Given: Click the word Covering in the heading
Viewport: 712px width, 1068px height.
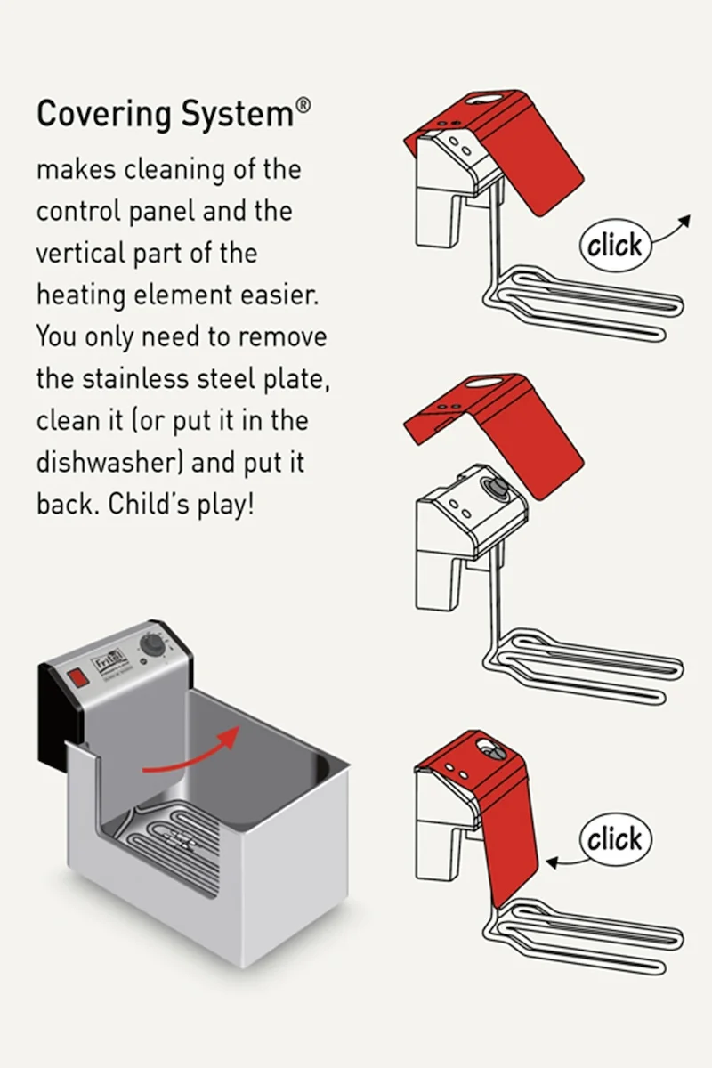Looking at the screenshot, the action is tap(104, 115).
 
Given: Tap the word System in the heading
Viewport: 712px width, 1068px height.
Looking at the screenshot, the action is tap(238, 115).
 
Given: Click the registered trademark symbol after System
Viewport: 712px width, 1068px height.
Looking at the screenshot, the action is tap(303, 105).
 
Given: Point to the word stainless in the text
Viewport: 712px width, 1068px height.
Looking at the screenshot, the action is tap(136, 378).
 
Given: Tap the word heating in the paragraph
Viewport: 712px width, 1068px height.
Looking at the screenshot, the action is tap(81, 295).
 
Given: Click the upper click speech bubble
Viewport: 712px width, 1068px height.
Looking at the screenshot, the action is tap(615, 246).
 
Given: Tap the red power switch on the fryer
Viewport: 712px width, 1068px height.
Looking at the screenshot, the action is tap(78, 677).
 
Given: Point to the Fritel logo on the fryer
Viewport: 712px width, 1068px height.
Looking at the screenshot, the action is tap(108, 663).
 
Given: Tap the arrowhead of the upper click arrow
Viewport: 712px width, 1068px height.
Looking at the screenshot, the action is tap(684, 221).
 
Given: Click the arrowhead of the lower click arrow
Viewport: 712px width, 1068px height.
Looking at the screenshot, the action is tap(552, 862).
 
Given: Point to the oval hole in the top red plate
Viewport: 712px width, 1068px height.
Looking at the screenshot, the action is tap(484, 99).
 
